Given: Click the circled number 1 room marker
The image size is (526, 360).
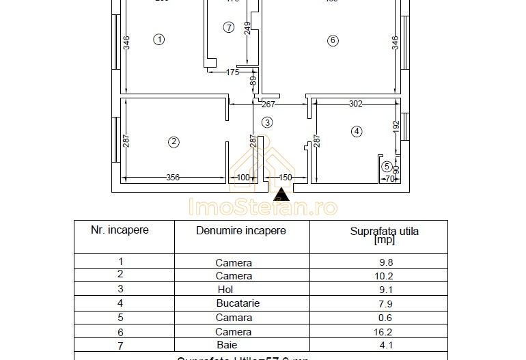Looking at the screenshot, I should tap(158, 40).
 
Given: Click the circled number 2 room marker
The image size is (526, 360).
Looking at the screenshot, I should tap(174, 142).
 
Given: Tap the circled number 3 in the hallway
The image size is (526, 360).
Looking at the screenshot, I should tap(267, 122).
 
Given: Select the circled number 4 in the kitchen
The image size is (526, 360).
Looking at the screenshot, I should tap(356, 131).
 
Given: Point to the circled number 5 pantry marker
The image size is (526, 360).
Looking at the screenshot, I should tap(387, 166).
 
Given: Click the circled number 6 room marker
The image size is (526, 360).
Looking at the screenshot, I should tap(333, 40).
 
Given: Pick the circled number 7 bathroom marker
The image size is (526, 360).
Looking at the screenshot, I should tap(229, 27).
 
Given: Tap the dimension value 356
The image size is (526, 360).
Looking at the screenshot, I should tap(173, 178).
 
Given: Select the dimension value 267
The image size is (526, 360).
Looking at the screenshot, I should tap(268, 105).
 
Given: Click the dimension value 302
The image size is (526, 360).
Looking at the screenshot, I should tap(355, 105).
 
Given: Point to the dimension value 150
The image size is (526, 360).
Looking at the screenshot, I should tap(286, 178).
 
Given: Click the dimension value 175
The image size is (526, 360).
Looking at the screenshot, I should tap(232, 72).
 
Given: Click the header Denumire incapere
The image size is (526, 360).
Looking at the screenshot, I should tap(241, 231).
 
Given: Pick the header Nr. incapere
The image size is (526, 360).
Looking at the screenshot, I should tap(120, 230).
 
